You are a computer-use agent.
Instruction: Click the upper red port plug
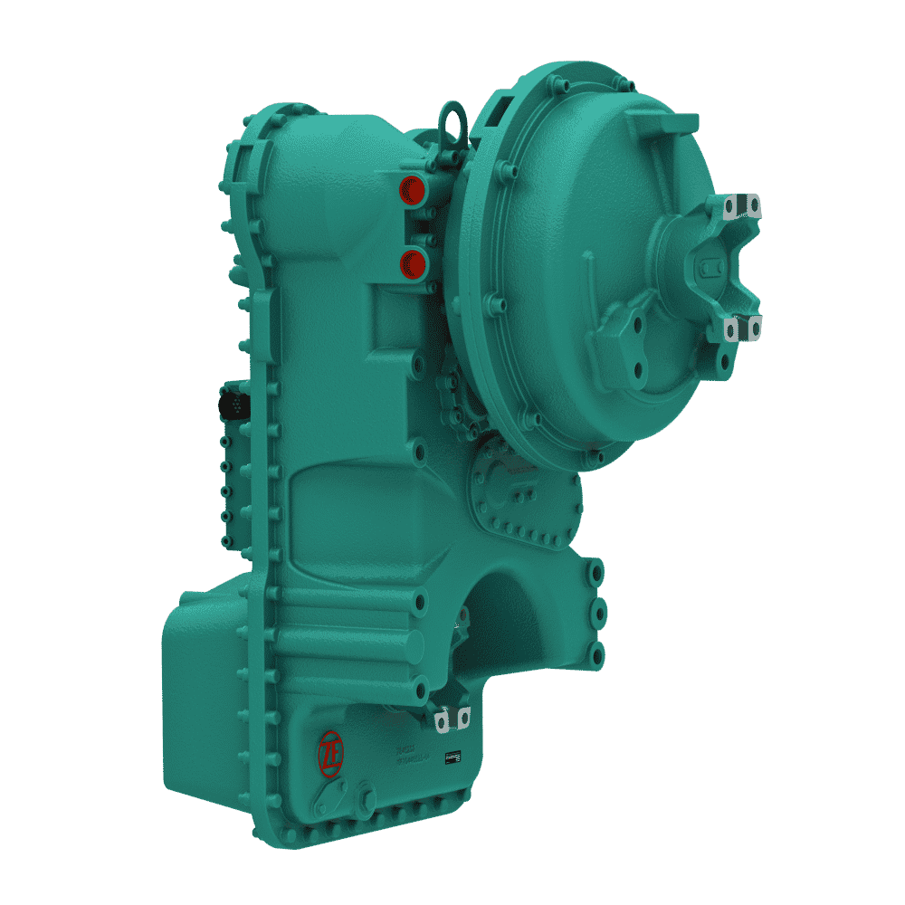pyautogui.click(x=414, y=189)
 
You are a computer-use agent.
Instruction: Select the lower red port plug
pyautogui.click(x=414, y=262)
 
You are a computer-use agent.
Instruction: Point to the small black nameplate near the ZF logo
pyautogui.click(x=452, y=756)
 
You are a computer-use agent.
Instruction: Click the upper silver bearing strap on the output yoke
pyautogui.click(x=742, y=207)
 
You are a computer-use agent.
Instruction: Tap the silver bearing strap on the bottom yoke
pyautogui.click(x=452, y=719)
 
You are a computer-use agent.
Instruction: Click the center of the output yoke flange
pyautogui.click(x=710, y=267)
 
